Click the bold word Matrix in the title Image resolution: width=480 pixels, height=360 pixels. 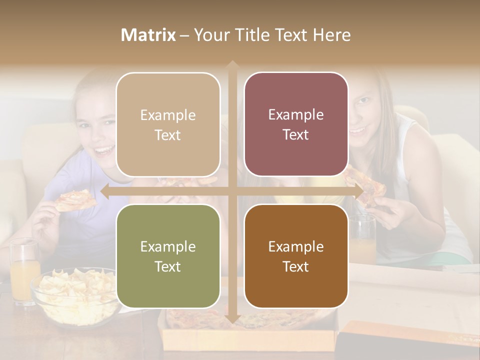148,35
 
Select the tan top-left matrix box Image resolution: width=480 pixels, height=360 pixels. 168,124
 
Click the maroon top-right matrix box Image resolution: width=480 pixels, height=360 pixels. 296,124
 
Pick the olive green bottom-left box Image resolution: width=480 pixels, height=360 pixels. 168,256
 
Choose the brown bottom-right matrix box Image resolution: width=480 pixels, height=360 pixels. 296,256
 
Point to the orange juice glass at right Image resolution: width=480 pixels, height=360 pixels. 362,240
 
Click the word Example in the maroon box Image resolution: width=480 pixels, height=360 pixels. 296,114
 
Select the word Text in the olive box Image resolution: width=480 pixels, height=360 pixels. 168,266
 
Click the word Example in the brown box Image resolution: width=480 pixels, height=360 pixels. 296,246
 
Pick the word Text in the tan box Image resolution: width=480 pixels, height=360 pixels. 168,135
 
